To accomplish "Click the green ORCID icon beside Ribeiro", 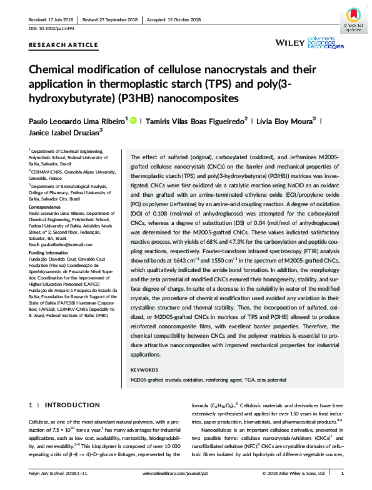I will tap(133, 120).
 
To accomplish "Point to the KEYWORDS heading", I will tap(145, 371).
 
